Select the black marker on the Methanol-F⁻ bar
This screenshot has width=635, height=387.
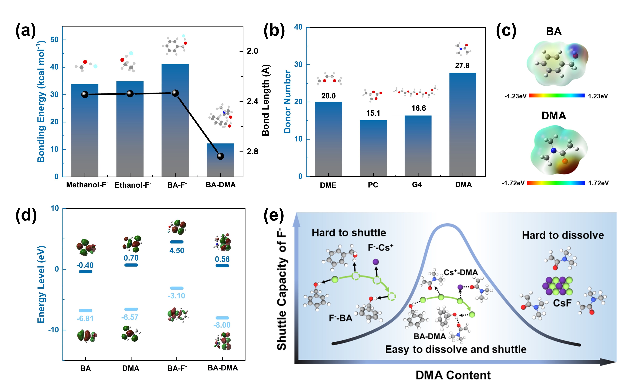(85, 95)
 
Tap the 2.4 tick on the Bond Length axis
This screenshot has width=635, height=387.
(252, 101)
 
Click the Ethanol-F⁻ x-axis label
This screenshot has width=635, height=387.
(133, 185)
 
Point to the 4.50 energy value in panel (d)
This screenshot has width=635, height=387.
(177, 250)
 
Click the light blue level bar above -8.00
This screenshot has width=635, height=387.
(222, 318)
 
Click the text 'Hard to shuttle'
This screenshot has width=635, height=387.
(349, 233)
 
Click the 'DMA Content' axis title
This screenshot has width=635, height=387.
(453, 375)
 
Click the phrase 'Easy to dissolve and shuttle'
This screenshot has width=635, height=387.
(456, 349)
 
